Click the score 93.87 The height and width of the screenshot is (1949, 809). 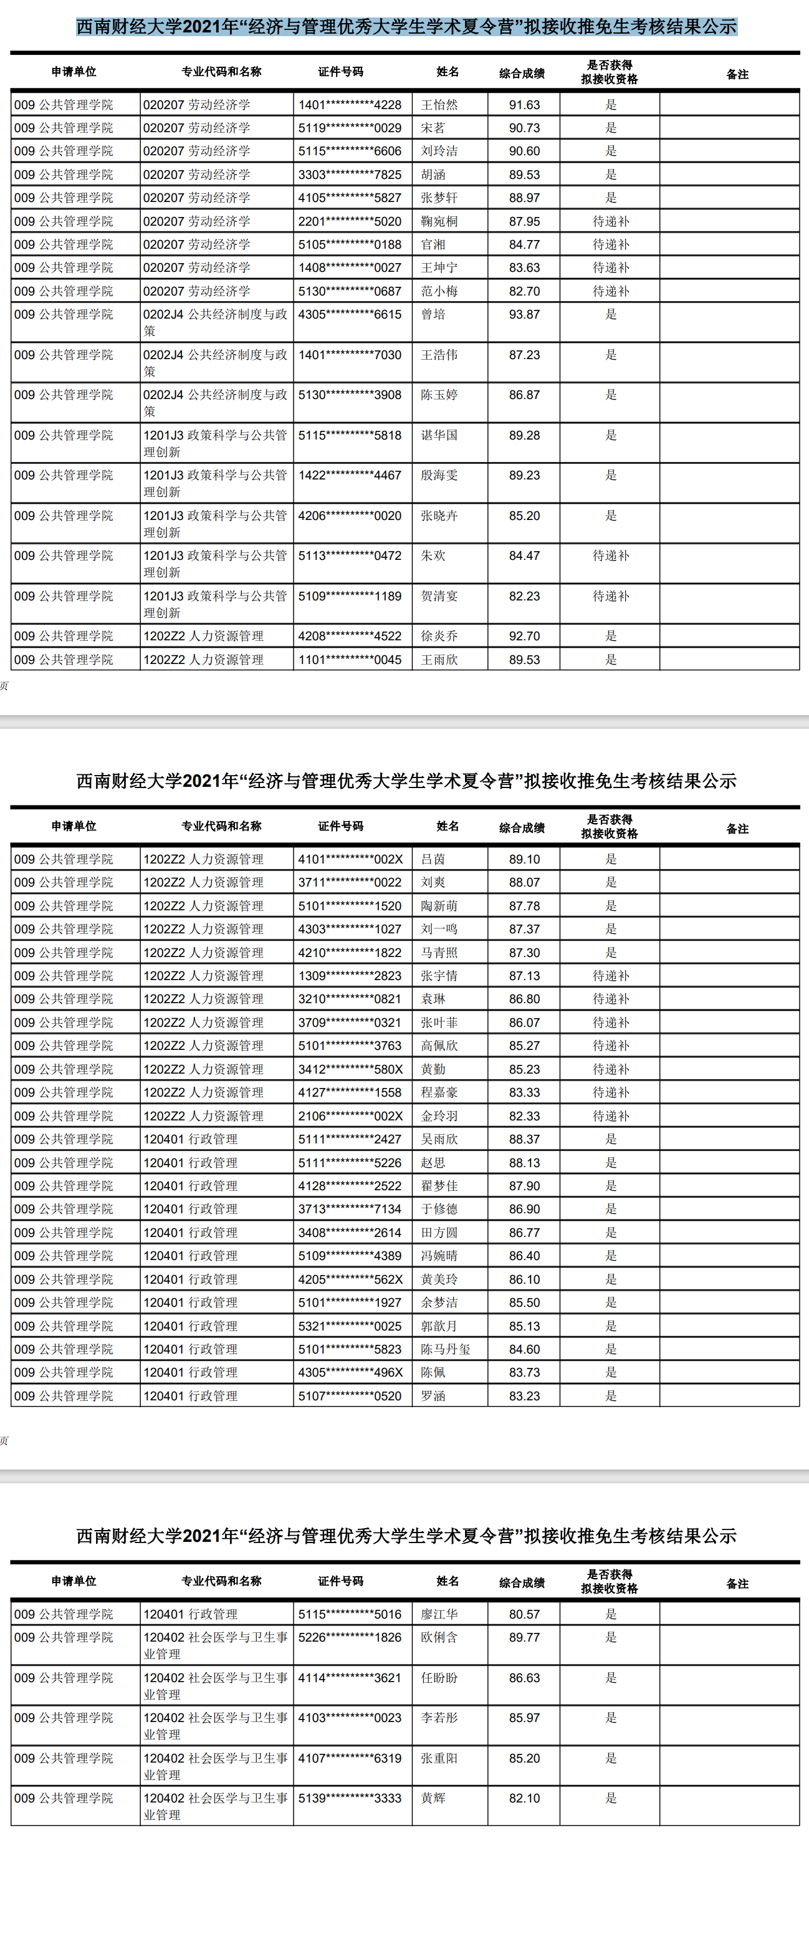point(524,315)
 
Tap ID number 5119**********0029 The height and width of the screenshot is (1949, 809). point(349,128)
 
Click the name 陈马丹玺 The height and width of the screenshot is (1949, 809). point(446,1349)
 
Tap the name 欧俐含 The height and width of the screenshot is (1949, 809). point(439,1637)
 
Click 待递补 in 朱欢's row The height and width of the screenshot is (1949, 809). point(610,556)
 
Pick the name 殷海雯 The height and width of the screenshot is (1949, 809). point(439,475)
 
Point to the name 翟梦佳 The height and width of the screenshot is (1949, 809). point(439,1186)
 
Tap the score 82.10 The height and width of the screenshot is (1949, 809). point(524,1797)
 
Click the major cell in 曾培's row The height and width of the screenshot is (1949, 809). point(216,322)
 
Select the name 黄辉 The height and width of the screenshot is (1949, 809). point(433,1797)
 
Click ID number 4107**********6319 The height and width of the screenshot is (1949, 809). point(349,1758)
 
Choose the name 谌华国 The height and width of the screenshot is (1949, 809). point(439,435)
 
